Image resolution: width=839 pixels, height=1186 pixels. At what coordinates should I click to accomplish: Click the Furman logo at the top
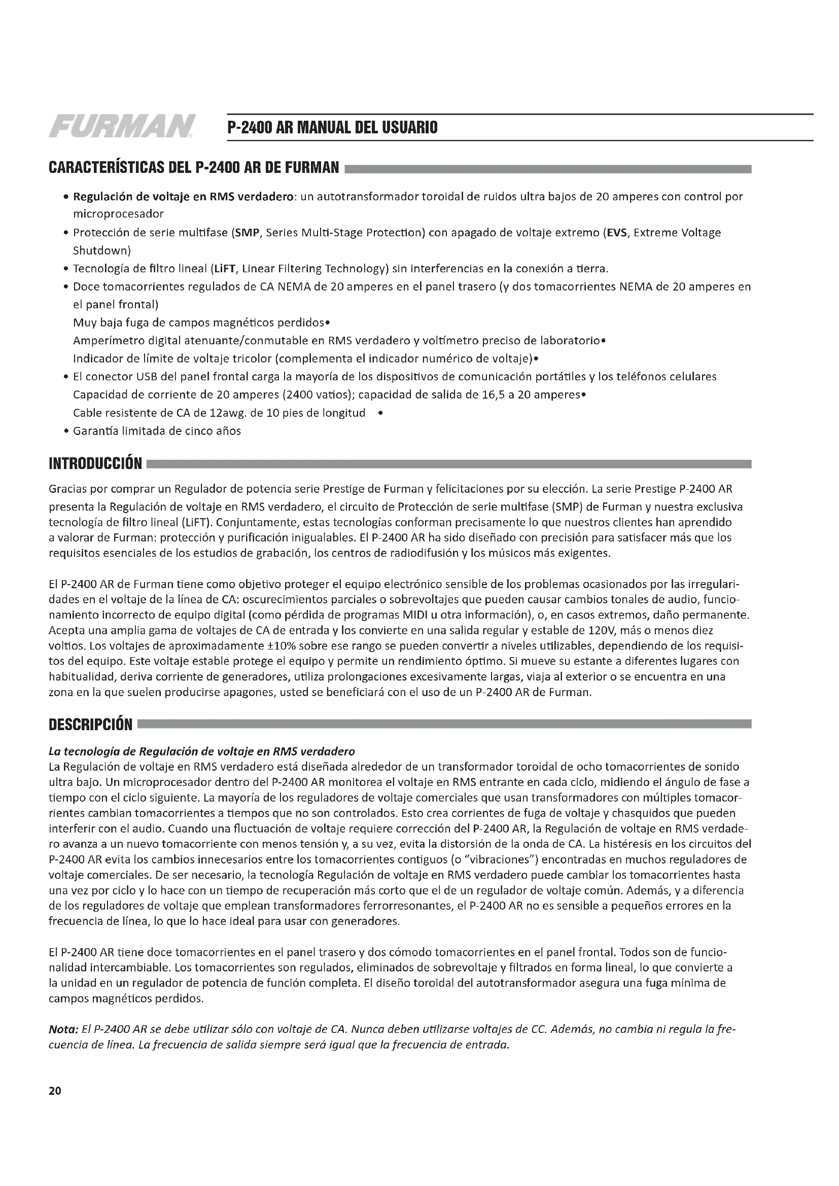point(122,127)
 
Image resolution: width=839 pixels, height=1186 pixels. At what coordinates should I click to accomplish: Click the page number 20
point(55,1091)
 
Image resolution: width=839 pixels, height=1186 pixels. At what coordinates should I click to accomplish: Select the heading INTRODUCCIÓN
point(95,463)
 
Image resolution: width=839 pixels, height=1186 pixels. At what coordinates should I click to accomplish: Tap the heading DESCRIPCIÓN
point(90,724)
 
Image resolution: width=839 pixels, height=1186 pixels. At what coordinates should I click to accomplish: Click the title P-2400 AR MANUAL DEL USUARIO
point(332,128)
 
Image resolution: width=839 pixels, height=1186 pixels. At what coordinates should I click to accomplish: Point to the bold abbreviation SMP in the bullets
point(247,232)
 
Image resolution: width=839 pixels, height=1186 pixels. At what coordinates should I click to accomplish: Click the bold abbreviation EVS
point(616,232)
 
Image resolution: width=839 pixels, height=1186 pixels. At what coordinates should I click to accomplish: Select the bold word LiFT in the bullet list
point(225,269)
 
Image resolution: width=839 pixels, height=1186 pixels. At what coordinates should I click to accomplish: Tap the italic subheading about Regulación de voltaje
point(201,750)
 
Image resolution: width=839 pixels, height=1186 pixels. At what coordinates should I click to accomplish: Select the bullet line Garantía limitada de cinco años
point(157,431)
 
